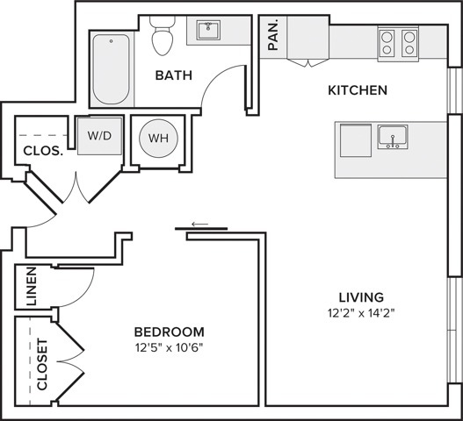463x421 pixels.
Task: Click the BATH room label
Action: coord(174,75)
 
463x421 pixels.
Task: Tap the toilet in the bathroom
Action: coord(163,35)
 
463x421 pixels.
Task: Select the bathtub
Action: coord(111,69)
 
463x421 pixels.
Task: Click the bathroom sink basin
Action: coord(209,30)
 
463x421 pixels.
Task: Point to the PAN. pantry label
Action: coord(273,34)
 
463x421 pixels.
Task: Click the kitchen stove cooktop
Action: coord(398,43)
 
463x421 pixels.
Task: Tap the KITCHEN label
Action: coord(358,90)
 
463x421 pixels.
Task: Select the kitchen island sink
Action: coord(393,137)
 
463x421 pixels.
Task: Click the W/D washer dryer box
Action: coord(100,136)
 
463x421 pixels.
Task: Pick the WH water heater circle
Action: coord(158,139)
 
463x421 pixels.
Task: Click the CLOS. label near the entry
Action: coord(43,151)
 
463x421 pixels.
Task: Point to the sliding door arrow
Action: coord(200,224)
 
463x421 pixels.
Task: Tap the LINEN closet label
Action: coord(32,286)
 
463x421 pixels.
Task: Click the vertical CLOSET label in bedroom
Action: coord(42,364)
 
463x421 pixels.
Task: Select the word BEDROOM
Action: coord(170,332)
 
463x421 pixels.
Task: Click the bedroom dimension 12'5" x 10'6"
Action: coord(170,348)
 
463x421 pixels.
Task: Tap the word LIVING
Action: coord(361,297)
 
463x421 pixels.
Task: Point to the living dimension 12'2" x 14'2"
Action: coord(361,313)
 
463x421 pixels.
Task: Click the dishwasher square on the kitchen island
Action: coord(356,140)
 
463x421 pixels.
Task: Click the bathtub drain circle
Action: coord(111,41)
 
